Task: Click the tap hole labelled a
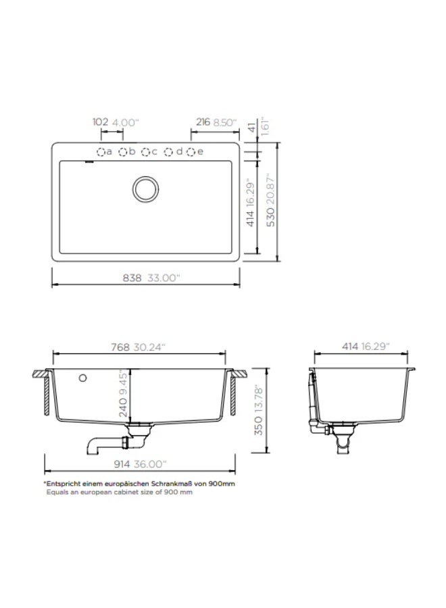point(101,152)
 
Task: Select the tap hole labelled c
point(145,152)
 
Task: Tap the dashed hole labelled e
point(191,152)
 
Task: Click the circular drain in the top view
point(145,189)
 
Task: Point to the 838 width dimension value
point(132,278)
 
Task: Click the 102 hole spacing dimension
point(100,122)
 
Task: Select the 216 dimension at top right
point(203,122)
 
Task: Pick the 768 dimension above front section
point(120,347)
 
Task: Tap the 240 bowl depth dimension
point(123,407)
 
